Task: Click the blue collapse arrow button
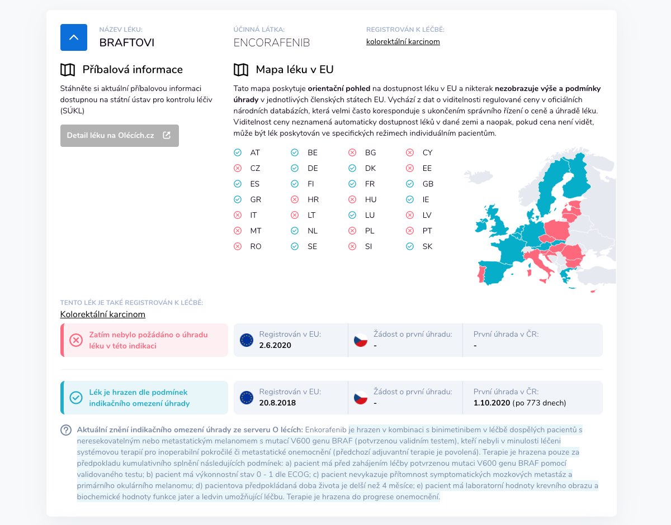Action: pos(73,37)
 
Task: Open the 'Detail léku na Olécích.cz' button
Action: pos(120,136)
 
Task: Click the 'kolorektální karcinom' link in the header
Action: pos(403,42)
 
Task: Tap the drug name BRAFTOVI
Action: pos(126,42)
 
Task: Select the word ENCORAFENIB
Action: pos(271,42)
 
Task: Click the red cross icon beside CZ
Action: pos(238,168)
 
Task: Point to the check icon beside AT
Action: pos(238,152)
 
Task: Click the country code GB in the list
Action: pos(428,184)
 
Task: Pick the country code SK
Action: pos(427,247)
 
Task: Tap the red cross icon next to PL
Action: pos(352,231)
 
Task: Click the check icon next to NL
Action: pos(295,231)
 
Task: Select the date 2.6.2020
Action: pos(275,345)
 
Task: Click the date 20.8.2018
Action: pos(277,403)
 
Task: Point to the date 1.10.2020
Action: pos(492,403)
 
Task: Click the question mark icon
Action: pos(66,430)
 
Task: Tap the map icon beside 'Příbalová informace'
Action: pos(68,70)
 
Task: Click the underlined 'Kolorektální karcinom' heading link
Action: pos(102,314)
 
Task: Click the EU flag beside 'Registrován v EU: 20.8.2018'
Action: pos(247,398)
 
